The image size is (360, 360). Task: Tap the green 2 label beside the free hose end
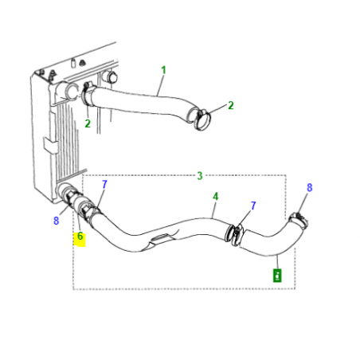click(x=230, y=105)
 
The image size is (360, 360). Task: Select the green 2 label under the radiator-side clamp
click(x=88, y=123)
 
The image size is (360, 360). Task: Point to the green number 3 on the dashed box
click(x=200, y=174)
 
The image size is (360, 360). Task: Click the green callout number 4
click(x=214, y=196)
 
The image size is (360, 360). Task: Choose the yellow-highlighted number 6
click(x=80, y=237)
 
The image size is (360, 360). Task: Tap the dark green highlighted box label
click(x=277, y=276)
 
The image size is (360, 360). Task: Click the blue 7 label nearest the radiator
click(x=104, y=184)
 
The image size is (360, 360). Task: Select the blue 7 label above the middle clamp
click(x=252, y=205)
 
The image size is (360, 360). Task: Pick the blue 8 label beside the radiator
click(x=56, y=221)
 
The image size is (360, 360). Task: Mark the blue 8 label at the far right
click(x=310, y=188)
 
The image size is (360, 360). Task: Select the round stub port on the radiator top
click(x=110, y=76)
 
